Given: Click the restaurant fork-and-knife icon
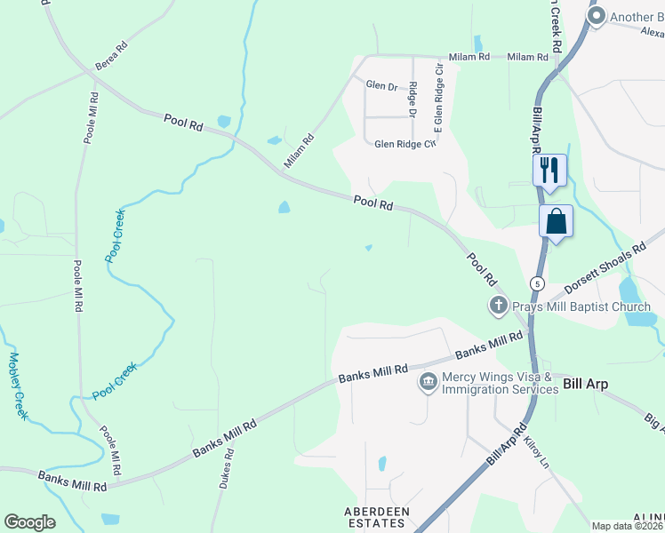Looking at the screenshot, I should point(549,169).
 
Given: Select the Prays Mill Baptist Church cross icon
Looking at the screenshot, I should point(498,306).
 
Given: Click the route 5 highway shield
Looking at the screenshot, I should point(536,282).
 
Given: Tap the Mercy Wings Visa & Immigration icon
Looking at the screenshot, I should point(428,382).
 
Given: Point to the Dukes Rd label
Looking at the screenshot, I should point(228,468).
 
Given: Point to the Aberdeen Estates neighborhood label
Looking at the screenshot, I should point(377,518).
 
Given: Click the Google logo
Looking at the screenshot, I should point(29,522).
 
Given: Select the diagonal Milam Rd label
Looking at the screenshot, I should point(299,150).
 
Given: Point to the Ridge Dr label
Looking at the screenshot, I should point(413,99).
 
